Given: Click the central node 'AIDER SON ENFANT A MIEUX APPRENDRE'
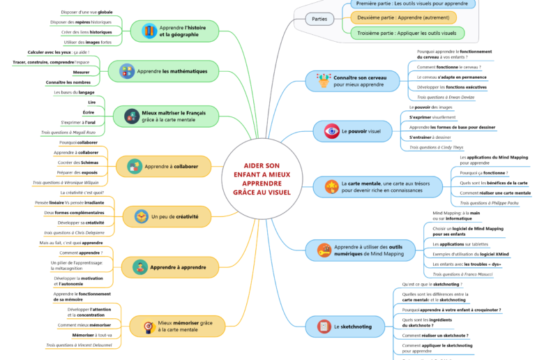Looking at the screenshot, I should click(x=262, y=179).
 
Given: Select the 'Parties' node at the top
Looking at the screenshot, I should click(x=319, y=19).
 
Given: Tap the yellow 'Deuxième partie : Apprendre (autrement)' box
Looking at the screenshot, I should click(x=403, y=17).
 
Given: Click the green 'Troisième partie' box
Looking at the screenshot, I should click(x=407, y=33).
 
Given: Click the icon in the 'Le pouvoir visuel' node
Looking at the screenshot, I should click(x=331, y=130).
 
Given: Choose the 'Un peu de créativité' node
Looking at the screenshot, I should click(x=165, y=217).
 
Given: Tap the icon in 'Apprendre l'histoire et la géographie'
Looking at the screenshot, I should click(x=149, y=31).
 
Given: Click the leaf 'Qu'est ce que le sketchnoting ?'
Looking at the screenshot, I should click(x=431, y=285).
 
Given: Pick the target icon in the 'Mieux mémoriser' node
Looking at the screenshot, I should click(x=148, y=326).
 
